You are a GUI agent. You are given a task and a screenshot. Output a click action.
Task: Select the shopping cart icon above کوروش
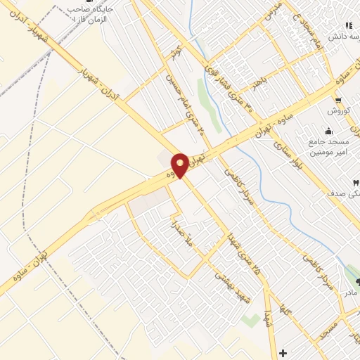coord(339,101)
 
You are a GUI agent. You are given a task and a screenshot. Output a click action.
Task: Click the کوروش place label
coord(338,111)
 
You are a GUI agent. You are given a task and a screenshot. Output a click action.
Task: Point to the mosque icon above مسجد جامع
coord(328,131)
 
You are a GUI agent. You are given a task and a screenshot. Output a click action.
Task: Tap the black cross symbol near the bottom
coord(283,352)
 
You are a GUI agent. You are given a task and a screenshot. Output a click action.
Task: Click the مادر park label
coord(349,291)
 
